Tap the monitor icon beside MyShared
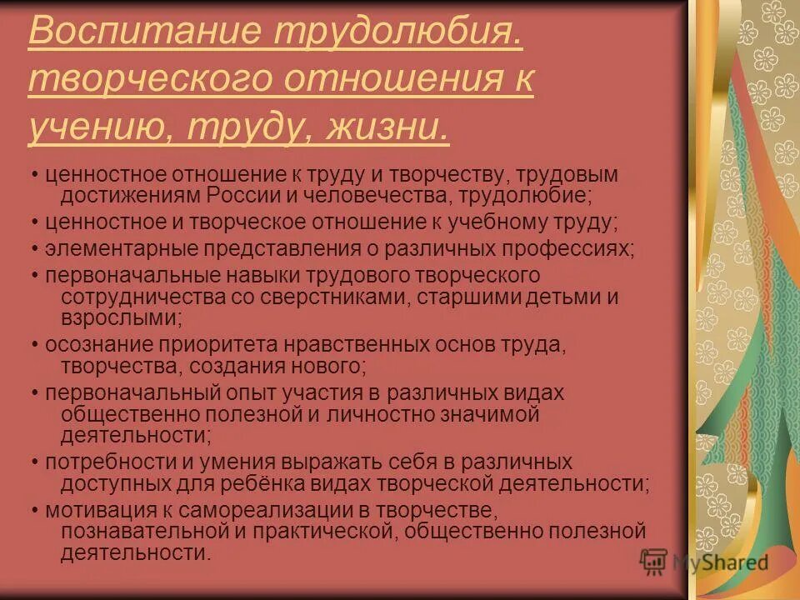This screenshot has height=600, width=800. click(x=653, y=561)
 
